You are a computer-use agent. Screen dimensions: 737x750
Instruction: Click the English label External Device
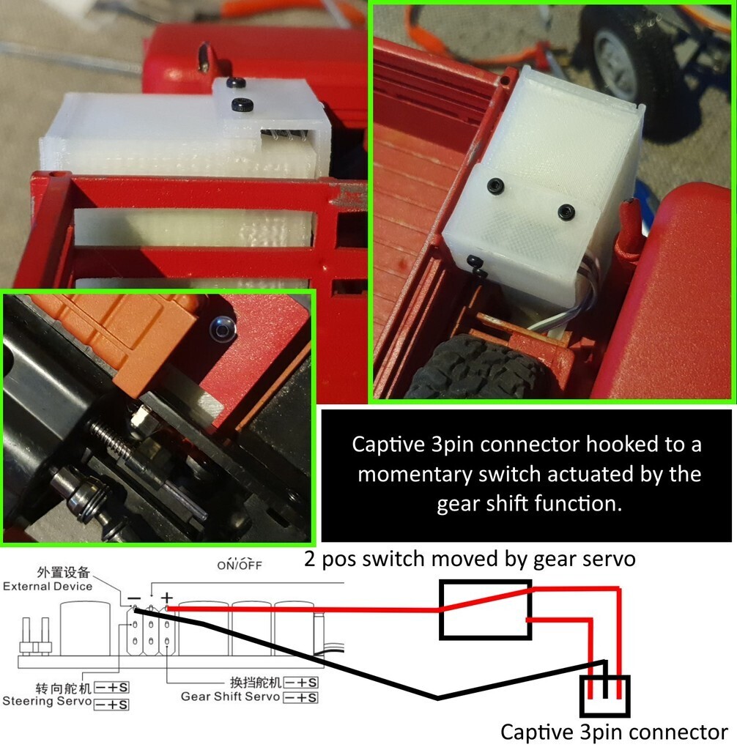48,587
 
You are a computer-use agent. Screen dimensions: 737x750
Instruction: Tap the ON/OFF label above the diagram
240,565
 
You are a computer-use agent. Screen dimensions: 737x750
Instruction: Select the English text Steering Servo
46,701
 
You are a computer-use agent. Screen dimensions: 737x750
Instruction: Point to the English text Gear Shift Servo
230,697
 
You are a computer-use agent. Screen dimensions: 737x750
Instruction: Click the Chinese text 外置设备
64,572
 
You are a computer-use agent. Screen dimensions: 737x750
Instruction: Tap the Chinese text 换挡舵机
256,682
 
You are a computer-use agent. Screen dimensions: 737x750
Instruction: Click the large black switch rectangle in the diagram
485,609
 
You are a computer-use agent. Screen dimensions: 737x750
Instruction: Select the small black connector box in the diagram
604,695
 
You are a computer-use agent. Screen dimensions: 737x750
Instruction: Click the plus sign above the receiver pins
166,598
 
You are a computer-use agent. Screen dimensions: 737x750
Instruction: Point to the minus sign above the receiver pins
135,598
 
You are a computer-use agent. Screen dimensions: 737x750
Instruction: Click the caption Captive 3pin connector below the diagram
614,732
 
